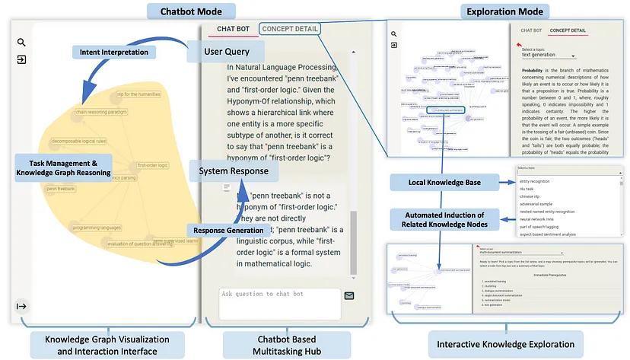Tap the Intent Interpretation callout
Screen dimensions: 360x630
tap(114, 52)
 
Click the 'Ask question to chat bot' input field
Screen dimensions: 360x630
tap(278, 302)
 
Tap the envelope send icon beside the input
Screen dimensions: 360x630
tap(349, 296)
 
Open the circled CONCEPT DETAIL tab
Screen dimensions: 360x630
tap(289, 29)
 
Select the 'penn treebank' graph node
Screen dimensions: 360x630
tap(61, 189)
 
